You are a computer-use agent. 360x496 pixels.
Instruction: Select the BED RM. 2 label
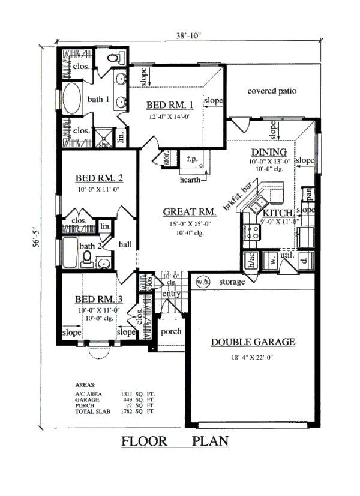click(x=100, y=178)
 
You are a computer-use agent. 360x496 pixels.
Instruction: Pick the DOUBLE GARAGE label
click(x=253, y=342)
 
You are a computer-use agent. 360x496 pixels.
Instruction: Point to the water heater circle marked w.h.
click(x=202, y=280)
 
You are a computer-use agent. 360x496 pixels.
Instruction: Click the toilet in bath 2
click(x=88, y=259)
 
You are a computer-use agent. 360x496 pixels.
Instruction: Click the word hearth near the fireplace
click(x=191, y=178)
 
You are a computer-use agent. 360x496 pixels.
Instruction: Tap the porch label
click(x=170, y=331)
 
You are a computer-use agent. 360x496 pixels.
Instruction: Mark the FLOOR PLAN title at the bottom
click(x=175, y=442)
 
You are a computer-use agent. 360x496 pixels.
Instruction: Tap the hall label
click(x=125, y=244)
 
